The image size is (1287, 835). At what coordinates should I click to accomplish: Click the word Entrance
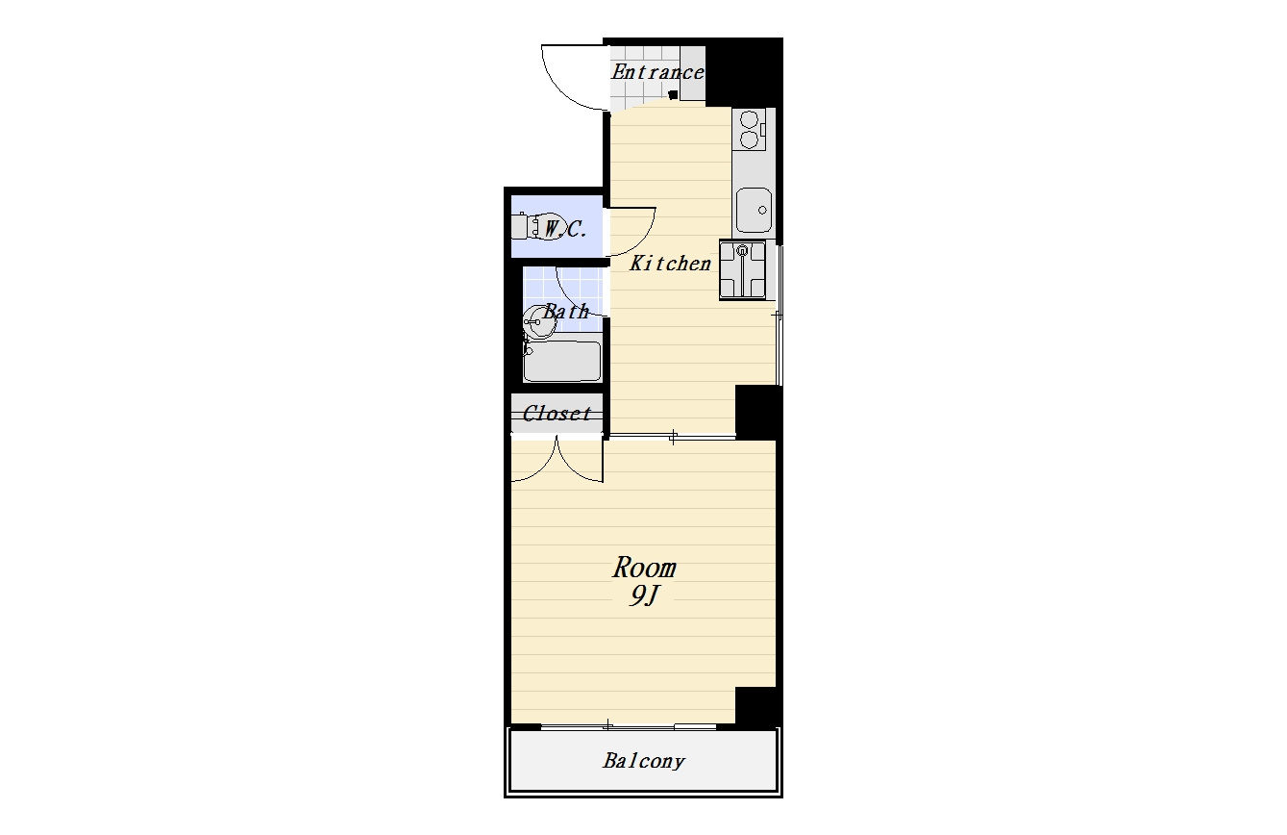coord(657,72)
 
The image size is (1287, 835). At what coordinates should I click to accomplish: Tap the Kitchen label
coord(670,264)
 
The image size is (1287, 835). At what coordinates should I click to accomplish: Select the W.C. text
coord(565,229)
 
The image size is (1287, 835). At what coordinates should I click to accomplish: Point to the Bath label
coord(566,312)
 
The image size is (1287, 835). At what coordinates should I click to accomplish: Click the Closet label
coord(557,413)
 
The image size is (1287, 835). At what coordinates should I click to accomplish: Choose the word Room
coord(644,568)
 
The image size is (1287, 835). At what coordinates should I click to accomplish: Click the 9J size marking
coord(643,596)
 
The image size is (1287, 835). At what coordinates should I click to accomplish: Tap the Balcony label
coord(644,761)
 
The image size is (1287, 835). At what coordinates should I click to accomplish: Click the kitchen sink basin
coord(754,210)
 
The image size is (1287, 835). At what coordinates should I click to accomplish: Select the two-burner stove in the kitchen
coord(749,130)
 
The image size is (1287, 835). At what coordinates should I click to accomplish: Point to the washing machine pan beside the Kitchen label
coord(742,270)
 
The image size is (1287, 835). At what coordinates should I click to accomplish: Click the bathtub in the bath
coord(562,362)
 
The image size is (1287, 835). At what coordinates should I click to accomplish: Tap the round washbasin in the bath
coord(539,322)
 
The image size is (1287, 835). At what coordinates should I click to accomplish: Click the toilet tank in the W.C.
coord(519,227)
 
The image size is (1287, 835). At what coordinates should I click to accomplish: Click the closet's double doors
coord(557,460)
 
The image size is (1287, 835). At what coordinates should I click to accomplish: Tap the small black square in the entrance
coord(674,95)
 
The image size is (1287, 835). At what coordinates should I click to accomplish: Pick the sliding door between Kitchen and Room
coord(672,437)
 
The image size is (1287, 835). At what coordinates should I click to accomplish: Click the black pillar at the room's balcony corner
coord(756,706)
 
